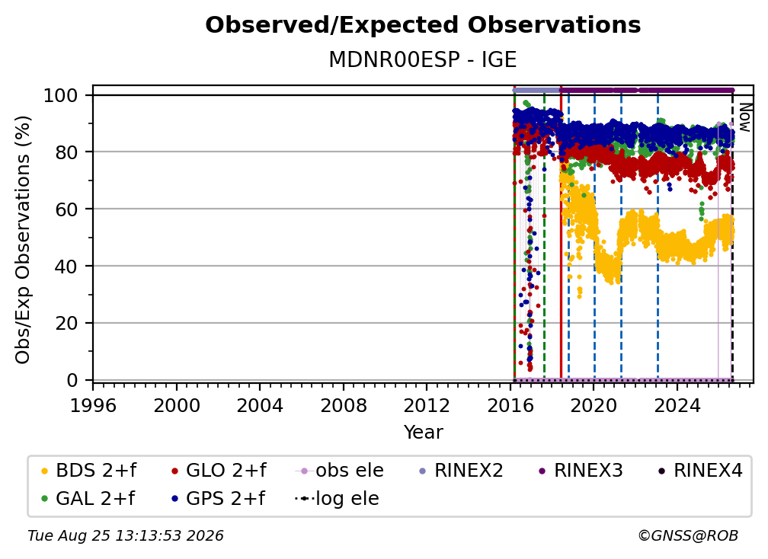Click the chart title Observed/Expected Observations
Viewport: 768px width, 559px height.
[423, 25]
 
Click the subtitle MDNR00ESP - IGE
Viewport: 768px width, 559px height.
[423, 59]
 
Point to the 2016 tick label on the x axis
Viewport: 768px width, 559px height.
[510, 406]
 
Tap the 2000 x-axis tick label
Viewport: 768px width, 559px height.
[177, 406]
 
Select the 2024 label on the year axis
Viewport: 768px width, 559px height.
[677, 406]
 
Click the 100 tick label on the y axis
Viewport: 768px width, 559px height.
[61, 95]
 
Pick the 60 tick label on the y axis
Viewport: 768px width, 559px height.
[66, 209]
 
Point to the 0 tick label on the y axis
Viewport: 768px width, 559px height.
[72, 380]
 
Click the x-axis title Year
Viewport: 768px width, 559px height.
[423, 433]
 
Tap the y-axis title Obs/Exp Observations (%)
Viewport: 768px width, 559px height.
[23, 239]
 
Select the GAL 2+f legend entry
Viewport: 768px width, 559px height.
[88, 499]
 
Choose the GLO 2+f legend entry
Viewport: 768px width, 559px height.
[219, 471]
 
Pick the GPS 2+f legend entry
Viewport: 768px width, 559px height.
[218, 499]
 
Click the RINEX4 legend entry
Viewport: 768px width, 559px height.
[700, 471]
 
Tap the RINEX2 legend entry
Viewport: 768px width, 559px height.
[461, 471]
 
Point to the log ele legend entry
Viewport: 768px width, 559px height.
[337, 499]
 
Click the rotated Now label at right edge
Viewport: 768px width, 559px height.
[744, 117]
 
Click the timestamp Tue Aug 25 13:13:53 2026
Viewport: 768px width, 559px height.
[126, 535]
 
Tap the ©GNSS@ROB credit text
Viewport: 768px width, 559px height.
[688, 535]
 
